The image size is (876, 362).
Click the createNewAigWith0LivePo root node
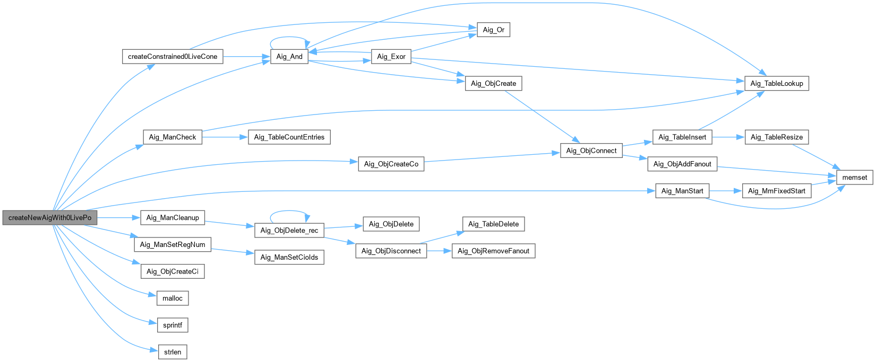tap(50, 218)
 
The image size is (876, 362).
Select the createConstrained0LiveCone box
tap(173, 57)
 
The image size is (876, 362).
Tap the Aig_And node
tap(289, 57)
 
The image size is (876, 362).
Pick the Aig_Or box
tap(493, 30)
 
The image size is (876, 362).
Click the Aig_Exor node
tap(391, 57)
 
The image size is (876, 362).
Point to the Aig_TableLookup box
tap(777, 83)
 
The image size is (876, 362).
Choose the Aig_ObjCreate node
tap(493, 83)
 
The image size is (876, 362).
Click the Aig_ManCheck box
tap(173, 137)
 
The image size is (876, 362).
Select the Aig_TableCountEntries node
tap(289, 137)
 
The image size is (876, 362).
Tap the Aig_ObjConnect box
tap(591, 151)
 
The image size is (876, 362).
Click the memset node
tap(855, 178)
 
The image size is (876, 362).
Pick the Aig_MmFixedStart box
tap(776, 191)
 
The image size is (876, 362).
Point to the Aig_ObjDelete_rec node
tap(289, 231)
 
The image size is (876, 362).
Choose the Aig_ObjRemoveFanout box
tap(493, 251)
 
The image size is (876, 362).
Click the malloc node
tap(173, 298)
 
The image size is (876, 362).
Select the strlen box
tap(173, 352)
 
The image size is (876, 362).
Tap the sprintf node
tap(173, 325)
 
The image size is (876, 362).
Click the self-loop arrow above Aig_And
tap(289, 38)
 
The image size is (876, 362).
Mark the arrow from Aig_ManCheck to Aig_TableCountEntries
tap(225, 137)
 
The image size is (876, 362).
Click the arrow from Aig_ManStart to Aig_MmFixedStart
tap(725, 191)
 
